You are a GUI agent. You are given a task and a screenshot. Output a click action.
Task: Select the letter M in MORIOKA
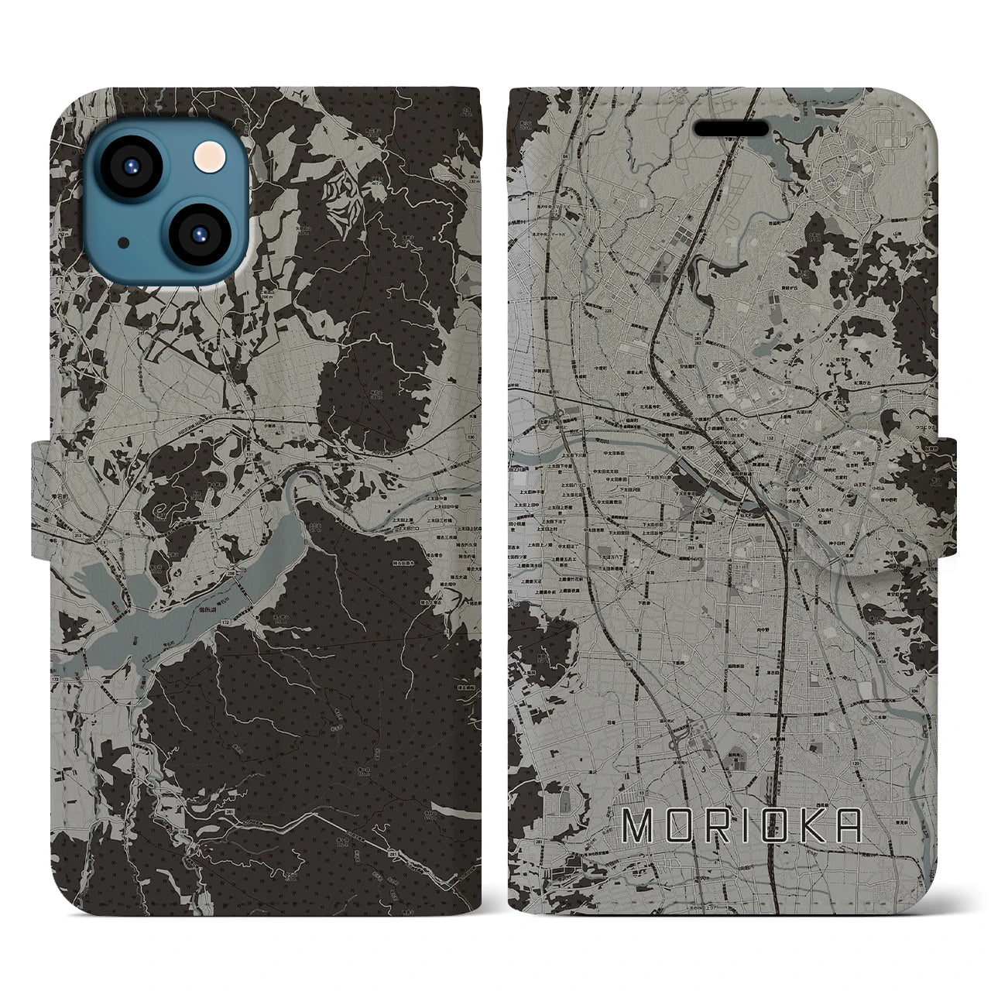[x=639, y=827]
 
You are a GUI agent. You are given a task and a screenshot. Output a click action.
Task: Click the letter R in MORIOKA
[x=716, y=827]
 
